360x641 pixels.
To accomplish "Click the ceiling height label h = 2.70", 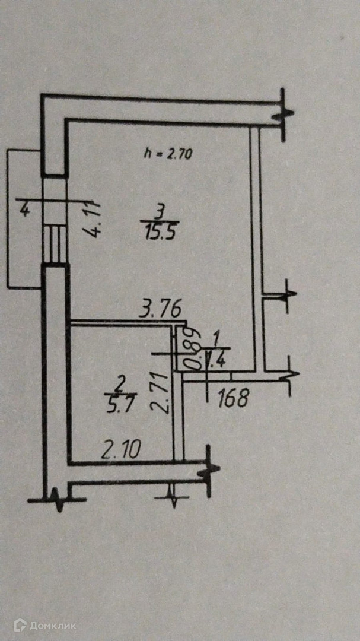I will tap(169, 153).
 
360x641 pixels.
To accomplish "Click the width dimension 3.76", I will tap(160, 309).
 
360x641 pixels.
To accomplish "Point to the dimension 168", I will tap(232, 398).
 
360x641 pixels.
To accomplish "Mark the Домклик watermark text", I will tap(55, 625).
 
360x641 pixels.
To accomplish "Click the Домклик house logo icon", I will tap(21, 624).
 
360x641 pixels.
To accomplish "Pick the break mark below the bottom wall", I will tap(174, 495).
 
